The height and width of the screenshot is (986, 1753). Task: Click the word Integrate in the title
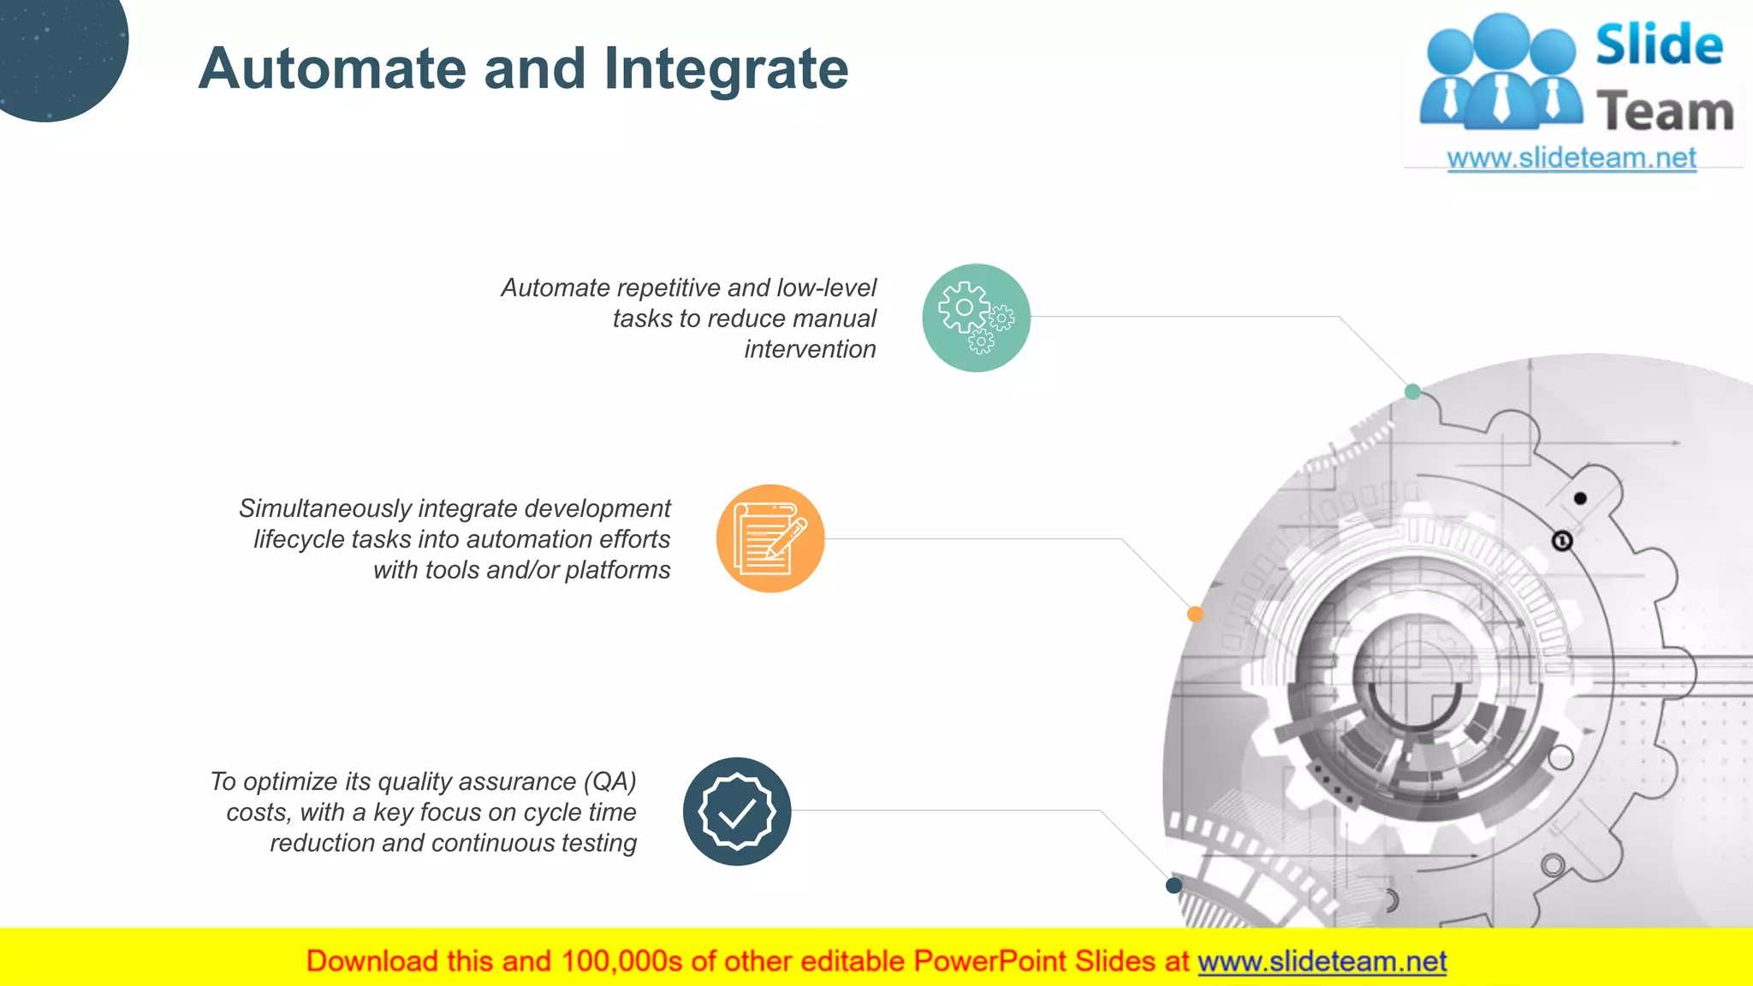click(726, 68)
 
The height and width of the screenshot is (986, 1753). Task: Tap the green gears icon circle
click(976, 318)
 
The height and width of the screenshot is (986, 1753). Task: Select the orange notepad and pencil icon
click(770, 538)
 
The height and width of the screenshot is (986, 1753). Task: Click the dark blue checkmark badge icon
click(737, 811)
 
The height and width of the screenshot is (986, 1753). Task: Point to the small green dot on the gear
click(1412, 392)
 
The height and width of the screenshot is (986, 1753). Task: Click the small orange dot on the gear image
click(1195, 614)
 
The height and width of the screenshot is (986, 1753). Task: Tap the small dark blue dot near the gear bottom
click(1174, 885)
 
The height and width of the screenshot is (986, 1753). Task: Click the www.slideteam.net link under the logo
click(1571, 158)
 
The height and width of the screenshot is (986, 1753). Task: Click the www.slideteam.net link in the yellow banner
click(1322, 961)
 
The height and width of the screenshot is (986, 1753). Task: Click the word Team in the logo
click(1665, 112)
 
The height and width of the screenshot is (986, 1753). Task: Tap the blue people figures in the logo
click(1500, 73)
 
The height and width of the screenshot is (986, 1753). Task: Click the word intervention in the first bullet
click(810, 349)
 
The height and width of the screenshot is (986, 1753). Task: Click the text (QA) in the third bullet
click(610, 781)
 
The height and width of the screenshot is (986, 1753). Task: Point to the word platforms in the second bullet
click(617, 570)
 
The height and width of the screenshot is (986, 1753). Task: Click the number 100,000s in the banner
click(621, 961)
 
